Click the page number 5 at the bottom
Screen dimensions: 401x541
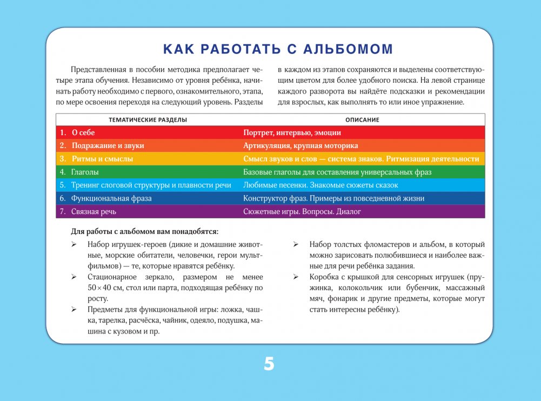269,364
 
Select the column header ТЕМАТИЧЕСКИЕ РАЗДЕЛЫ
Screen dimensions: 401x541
148,119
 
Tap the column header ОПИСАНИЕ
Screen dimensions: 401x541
362,119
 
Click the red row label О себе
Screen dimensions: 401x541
83,132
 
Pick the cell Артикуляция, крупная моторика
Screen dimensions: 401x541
300,146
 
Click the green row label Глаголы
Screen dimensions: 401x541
85,172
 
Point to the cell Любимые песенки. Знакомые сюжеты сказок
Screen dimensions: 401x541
320,185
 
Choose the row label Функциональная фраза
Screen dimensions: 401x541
111,198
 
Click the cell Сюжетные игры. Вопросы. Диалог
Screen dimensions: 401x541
302,212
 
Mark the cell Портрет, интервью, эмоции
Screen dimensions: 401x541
292,132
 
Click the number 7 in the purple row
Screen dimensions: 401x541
62,212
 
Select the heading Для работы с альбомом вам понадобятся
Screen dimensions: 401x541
145,232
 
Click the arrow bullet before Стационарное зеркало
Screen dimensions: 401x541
74,277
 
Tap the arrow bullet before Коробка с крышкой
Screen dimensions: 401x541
296,277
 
